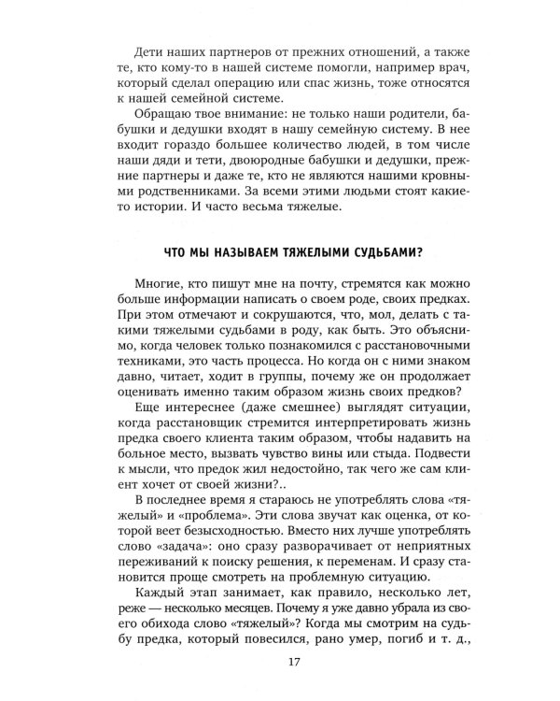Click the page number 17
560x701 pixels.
pyautogui.click(x=280, y=664)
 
